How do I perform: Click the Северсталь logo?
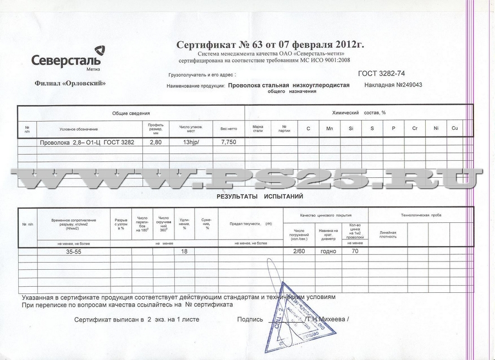coord(65,59)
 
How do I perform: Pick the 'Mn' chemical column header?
coord(329,128)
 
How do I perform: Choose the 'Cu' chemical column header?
coord(454,128)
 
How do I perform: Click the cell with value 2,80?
coord(156,142)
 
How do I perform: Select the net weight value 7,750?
coord(228,142)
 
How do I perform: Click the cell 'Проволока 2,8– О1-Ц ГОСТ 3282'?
coord(87,143)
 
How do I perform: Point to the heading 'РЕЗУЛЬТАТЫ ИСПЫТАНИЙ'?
coord(260,196)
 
